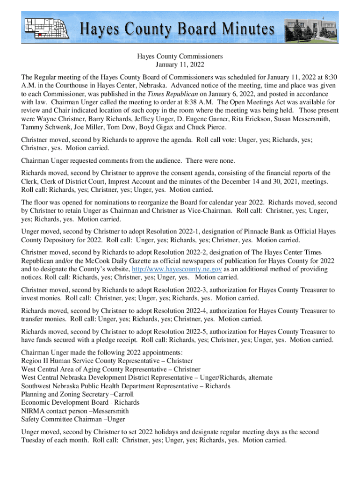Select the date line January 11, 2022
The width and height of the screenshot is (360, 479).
click(180, 65)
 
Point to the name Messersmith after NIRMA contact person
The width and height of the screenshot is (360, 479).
click(107, 411)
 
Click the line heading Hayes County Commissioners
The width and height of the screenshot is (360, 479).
click(180, 57)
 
